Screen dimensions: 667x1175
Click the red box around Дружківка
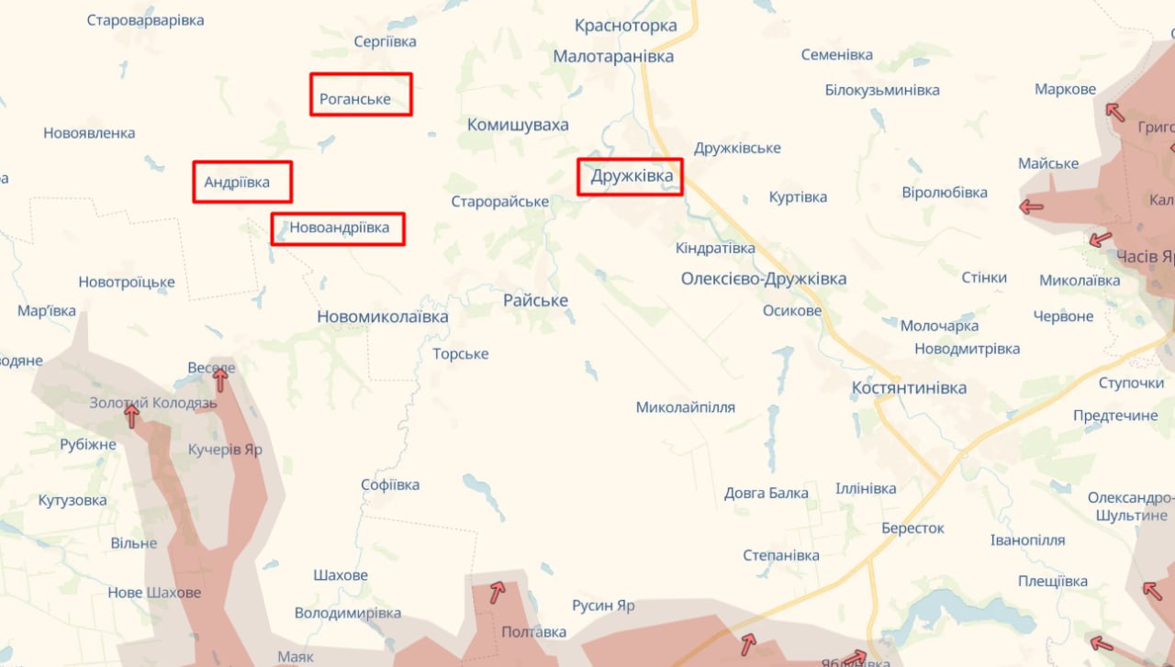630,176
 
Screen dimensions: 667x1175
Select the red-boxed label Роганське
361,94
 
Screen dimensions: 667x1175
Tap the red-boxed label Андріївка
242,182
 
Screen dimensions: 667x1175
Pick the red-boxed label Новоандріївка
338,228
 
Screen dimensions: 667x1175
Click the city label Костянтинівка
909,388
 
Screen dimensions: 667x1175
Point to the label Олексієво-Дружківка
764,279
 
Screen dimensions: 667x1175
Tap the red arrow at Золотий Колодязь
132,417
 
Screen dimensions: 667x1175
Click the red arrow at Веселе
220,379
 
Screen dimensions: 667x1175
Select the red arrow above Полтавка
497,592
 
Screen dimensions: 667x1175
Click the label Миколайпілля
686,407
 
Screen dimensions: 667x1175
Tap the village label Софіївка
390,485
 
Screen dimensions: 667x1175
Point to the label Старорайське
500,202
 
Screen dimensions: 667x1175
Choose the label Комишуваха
518,125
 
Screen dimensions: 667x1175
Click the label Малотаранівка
613,57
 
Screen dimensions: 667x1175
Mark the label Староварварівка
145,20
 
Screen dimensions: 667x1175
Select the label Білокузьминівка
882,90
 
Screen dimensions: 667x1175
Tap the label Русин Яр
603,606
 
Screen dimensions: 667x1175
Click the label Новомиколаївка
383,317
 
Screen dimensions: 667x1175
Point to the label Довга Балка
767,494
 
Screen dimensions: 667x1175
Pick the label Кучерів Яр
225,450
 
